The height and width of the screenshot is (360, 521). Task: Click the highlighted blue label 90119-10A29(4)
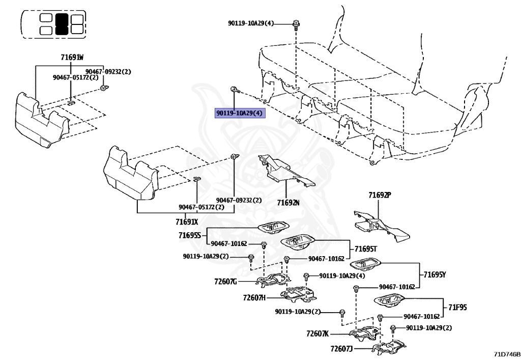tap(239, 114)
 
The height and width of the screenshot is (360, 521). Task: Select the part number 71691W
tap(72, 58)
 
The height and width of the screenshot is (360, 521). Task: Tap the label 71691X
tap(187, 221)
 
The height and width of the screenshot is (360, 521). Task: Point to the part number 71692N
tap(288, 202)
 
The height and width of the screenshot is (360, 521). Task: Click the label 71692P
tap(380, 195)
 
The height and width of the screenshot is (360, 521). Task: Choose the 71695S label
tap(190, 235)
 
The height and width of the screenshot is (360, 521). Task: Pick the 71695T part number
tap(366, 249)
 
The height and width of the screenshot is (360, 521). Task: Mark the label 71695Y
tap(435, 274)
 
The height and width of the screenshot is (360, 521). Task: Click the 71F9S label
tap(457, 308)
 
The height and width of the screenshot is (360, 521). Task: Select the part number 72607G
tap(225, 282)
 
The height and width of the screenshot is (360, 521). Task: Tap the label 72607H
tap(254, 297)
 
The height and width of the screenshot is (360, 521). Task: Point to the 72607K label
tap(317, 334)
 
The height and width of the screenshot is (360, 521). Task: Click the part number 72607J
tap(341, 348)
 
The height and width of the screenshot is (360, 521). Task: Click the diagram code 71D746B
tap(507, 354)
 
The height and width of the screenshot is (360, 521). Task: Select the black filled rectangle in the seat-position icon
tap(62, 24)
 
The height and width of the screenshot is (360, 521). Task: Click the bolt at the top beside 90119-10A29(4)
tap(296, 24)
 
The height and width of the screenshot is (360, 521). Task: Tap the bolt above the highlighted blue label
tap(234, 90)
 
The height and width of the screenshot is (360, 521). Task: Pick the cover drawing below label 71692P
tap(382, 226)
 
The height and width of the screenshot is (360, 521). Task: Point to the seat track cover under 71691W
tap(42, 120)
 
